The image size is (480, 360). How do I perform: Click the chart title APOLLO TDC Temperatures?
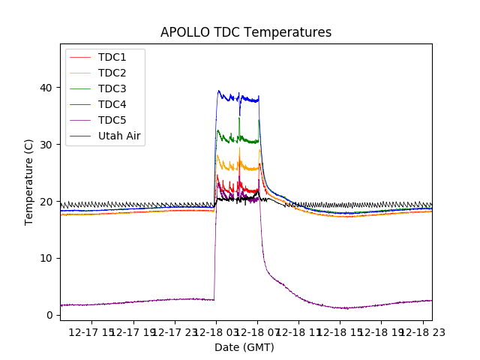246,32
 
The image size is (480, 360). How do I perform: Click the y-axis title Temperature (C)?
29,182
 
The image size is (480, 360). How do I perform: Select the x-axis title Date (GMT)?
244,347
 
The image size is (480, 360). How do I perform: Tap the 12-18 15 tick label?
340,331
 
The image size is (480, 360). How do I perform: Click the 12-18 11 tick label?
298,331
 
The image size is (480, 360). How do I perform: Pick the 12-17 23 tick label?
175,331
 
